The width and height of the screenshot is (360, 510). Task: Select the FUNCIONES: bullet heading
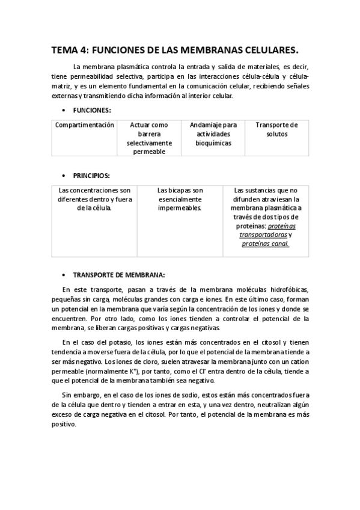pyautogui.click(x=91, y=111)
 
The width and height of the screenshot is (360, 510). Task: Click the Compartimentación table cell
pyautogui.click(x=84, y=125)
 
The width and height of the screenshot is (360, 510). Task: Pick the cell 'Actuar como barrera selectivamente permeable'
pyautogui.click(x=149, y=138)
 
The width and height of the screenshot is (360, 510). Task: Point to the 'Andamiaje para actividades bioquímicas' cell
pyautogui.click(x=213, y=134)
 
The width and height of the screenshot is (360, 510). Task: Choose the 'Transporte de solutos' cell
pyautogui.click(x=276, y=129)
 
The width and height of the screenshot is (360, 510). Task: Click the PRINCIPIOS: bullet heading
pyautogui.click(x=91, y=176)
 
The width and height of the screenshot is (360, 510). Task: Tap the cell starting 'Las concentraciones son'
pyautogui.click(x=95, y=199)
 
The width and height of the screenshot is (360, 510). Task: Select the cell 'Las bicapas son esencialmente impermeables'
pyautogui.click(x=180, y=199)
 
